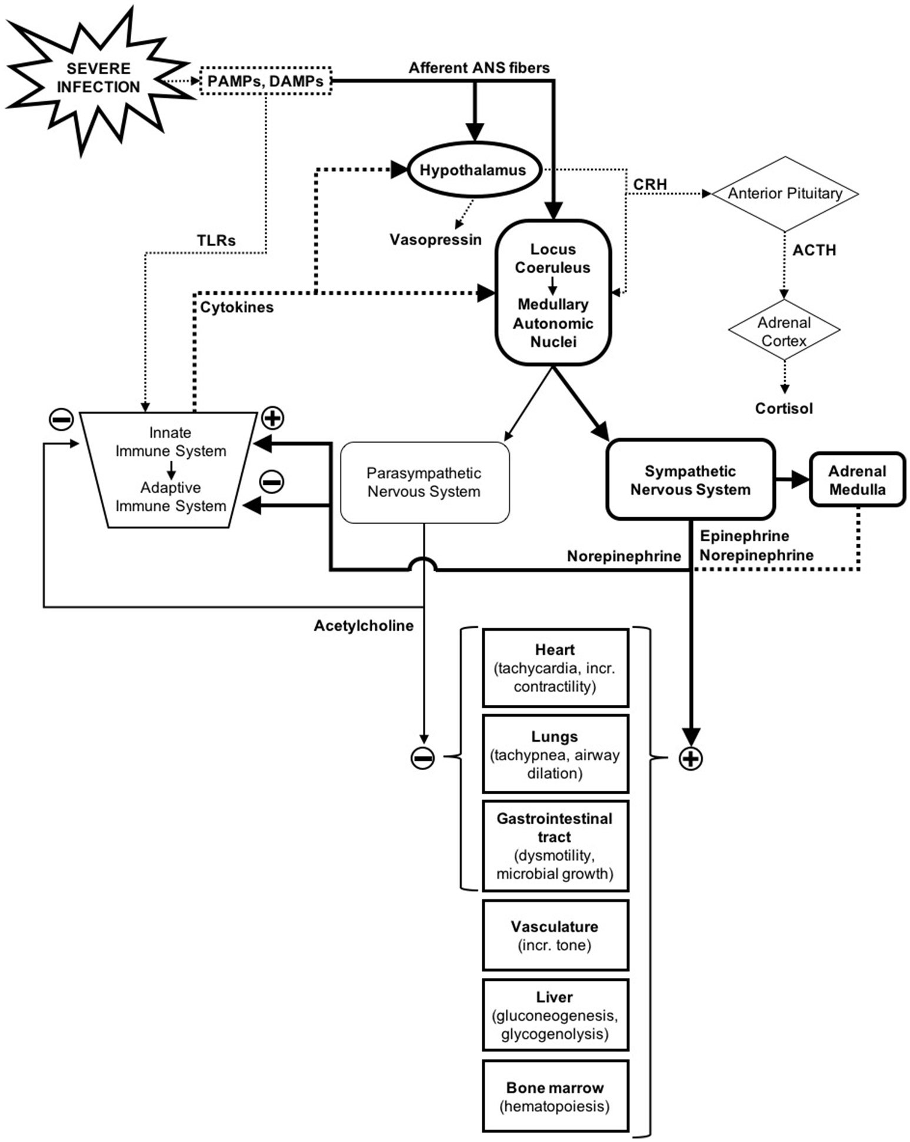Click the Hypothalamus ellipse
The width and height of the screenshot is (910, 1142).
(474, 170)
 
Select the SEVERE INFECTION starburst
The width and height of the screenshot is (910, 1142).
(98, 78)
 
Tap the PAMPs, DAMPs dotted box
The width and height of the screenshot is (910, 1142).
(265, 81)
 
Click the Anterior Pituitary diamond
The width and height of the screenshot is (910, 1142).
(785, 194)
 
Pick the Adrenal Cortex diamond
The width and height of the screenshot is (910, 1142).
(784, 331)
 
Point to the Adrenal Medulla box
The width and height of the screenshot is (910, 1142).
(857, 480)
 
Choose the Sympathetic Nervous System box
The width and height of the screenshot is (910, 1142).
(690, 480)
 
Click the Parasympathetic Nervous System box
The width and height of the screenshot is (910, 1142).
(424, 482)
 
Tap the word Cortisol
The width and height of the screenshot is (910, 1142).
(784, 408)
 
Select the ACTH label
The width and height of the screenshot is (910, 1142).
(814, 250)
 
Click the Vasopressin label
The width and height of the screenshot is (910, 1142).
(435, 239)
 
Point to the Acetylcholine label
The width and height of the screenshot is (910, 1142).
(363, 625)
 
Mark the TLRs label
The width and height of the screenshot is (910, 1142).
(216, 240)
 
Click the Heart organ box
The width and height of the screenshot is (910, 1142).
(555, 668)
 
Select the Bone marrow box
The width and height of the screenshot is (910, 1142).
(555, 1097)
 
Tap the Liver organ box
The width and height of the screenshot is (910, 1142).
(555, 1015)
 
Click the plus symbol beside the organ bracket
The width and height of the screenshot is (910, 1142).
(691, 759)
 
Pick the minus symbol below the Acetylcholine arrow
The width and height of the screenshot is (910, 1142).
(422, 758)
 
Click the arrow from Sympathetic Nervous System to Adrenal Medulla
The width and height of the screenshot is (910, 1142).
(792, 480)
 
